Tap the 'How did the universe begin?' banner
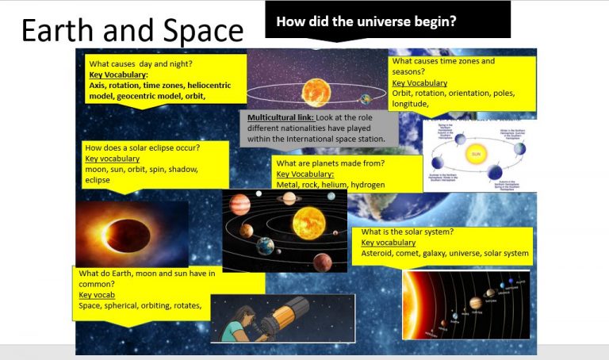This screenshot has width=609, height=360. coord(366,21)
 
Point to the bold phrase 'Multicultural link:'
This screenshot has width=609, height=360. coord(277,117)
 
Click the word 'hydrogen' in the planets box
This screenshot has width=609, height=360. coord(369,185)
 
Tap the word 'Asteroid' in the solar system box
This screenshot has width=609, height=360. coord(379,254)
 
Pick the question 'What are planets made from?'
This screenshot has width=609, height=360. coord(330,163)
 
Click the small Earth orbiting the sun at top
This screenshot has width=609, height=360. coord(365,99)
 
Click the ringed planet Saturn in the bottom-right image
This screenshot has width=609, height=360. coord(475,302)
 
